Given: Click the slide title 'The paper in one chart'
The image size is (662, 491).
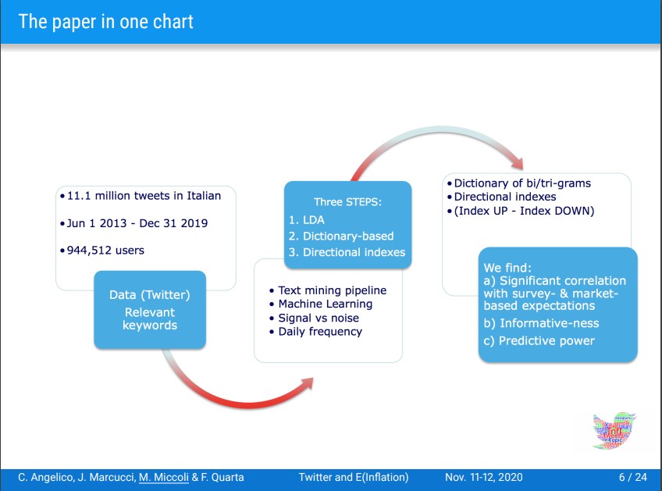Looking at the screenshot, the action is pos(105,22).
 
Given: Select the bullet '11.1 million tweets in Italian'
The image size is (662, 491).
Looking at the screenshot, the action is pos(144,196).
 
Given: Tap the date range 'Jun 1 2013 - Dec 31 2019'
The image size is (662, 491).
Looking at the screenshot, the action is pos(137,223).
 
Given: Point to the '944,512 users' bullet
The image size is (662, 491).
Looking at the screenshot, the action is pos(105,251).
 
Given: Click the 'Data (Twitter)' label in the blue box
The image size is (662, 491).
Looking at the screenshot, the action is pos(149,295).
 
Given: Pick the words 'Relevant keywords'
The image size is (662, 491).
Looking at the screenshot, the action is pos(150,318).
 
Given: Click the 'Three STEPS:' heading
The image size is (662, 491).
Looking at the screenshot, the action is pos(347,202).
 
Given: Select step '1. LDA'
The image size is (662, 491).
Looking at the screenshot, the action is pos(307,220).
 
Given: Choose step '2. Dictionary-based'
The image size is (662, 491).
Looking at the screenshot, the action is pos(341,236).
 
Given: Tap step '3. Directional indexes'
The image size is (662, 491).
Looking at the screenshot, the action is pos(347,252).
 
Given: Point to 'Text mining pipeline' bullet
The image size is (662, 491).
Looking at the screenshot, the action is pos(333,290).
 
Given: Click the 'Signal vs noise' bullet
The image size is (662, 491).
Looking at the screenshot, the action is pos(319,318).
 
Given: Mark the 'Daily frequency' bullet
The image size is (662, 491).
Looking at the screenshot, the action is pos(320,332).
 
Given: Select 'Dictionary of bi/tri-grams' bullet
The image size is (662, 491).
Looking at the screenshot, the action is pos(522,183).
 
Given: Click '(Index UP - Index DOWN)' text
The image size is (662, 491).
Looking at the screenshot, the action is pos(524,211).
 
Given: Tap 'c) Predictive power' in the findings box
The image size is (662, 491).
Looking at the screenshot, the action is pos(539,340).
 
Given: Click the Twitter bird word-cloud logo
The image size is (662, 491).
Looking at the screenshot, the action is pos(614,431).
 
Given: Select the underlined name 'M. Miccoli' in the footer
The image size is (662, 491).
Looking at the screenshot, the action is pos(164,477).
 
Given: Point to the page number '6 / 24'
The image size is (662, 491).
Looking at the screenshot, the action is pos(633,477).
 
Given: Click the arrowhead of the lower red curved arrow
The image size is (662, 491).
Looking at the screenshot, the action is pos(307,383).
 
